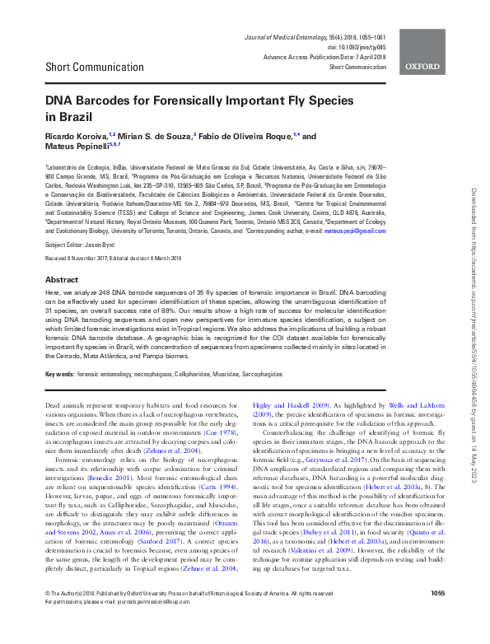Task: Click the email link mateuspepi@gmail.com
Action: pos(355,231)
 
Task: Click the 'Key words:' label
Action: pos(59,373)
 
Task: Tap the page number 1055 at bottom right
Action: pos(437,616)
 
